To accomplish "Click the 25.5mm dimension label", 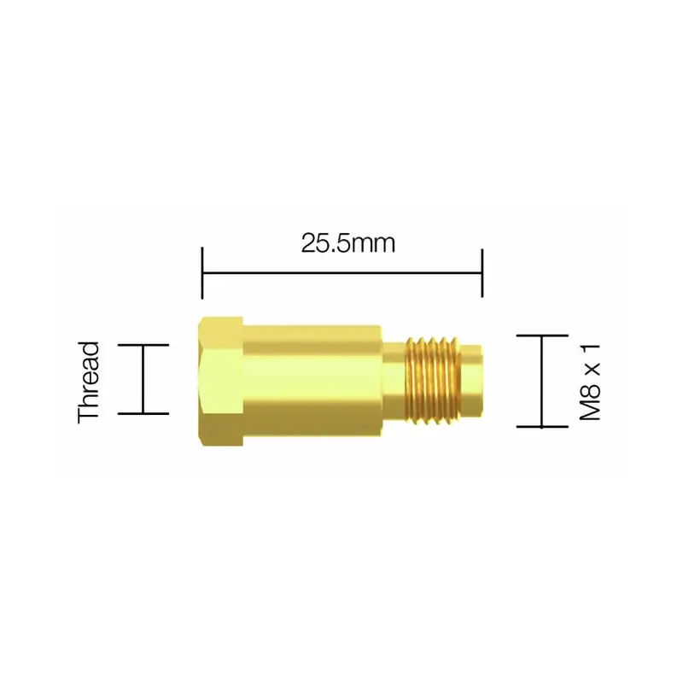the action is coord(348,243).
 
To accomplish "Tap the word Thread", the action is coord(89,382).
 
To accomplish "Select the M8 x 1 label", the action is coord(590,382).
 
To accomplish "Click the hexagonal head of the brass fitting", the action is coord(220,381).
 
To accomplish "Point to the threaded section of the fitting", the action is coord(433,380).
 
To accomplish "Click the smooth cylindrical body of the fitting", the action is coord(312,381).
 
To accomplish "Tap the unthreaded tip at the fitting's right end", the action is coord(472,380).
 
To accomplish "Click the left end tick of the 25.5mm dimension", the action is coord(202,272).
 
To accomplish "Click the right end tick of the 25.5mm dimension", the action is coord(482,272).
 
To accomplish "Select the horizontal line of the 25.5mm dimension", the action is coord(342,273).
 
